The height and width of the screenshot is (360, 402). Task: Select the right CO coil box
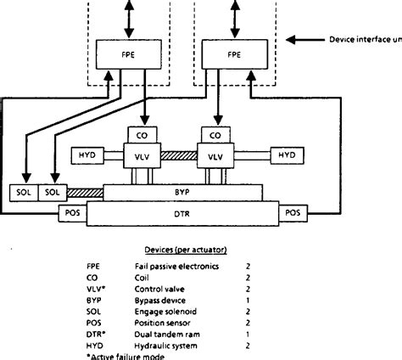215,135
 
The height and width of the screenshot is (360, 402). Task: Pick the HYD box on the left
87,155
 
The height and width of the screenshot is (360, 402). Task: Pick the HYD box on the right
284,155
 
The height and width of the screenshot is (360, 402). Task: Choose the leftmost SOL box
23,193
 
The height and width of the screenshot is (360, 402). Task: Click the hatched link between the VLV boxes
178,155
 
